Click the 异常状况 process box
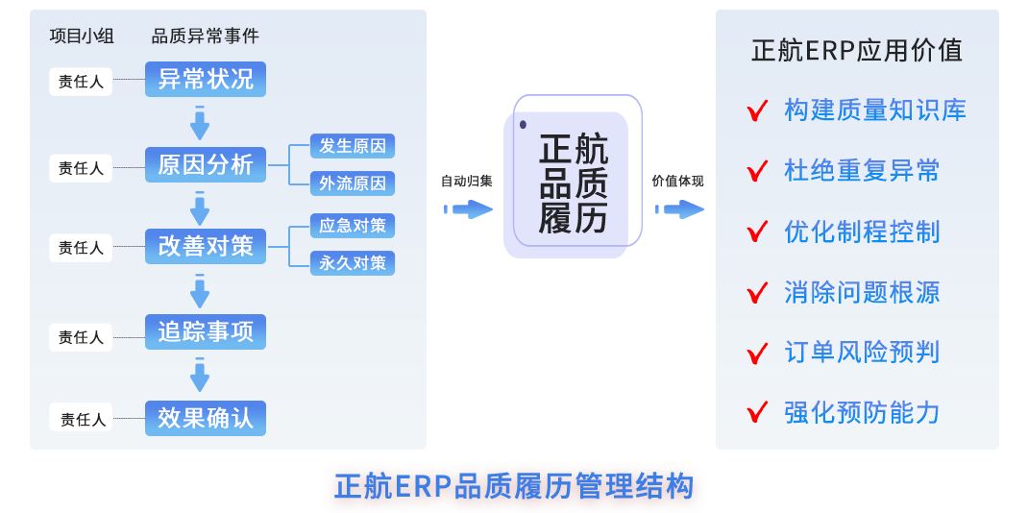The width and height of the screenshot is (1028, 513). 205,79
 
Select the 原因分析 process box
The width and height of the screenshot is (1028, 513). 205,165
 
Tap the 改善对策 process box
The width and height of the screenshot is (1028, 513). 205,246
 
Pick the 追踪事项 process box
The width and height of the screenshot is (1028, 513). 205,332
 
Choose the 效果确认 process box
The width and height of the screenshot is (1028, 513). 205,418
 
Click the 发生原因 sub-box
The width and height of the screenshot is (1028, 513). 353,146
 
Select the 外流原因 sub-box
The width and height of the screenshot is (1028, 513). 353,183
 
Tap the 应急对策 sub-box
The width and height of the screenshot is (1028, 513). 353,226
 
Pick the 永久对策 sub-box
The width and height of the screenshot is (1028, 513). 353,262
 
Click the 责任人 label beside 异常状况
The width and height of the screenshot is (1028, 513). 81,82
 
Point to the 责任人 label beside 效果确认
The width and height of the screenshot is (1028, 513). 83,419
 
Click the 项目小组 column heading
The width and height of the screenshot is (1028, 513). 82,37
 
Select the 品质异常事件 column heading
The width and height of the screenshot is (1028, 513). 205,37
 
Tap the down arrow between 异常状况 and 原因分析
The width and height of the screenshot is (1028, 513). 200,122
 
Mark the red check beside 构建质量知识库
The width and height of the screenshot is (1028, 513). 757,110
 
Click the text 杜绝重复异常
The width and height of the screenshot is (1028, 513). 861,171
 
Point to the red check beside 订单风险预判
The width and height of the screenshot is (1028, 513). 757,353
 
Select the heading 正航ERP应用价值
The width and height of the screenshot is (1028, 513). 856,50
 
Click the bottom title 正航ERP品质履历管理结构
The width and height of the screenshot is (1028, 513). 513,486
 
